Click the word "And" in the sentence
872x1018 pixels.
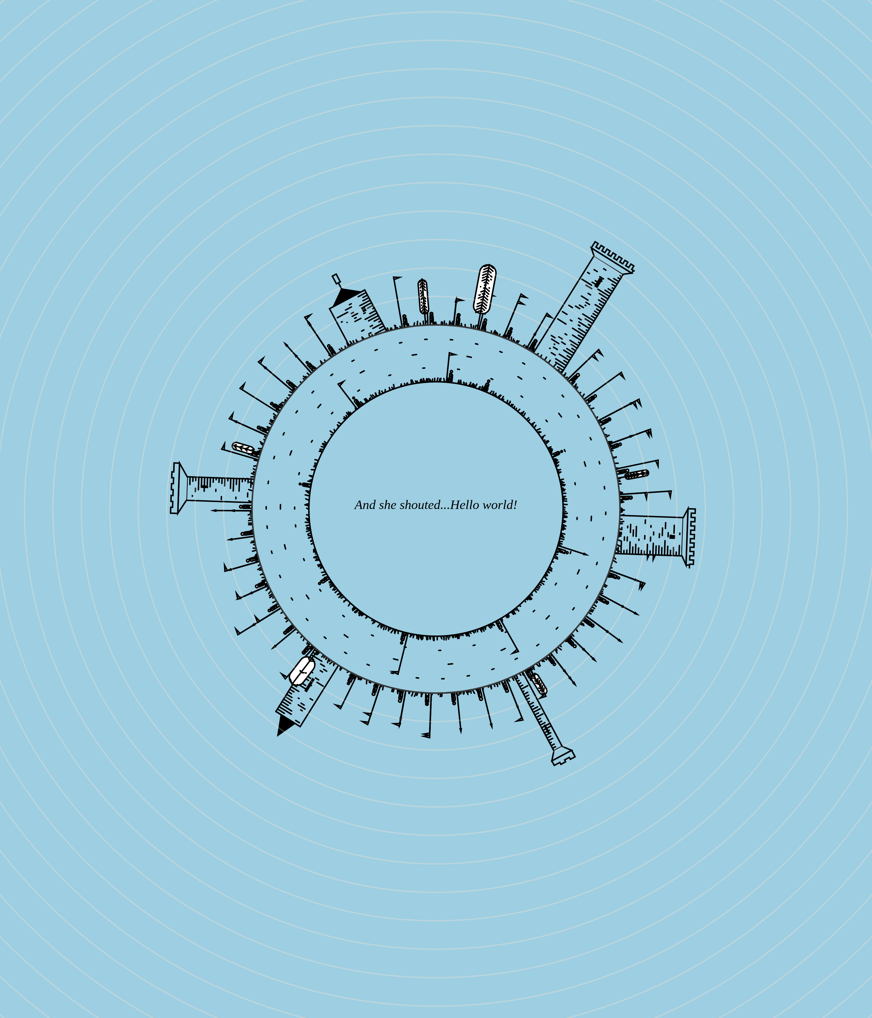tap(365, 505)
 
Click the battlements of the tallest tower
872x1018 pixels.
tap(613, 257)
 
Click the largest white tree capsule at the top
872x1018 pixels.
tap(485, 289)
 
